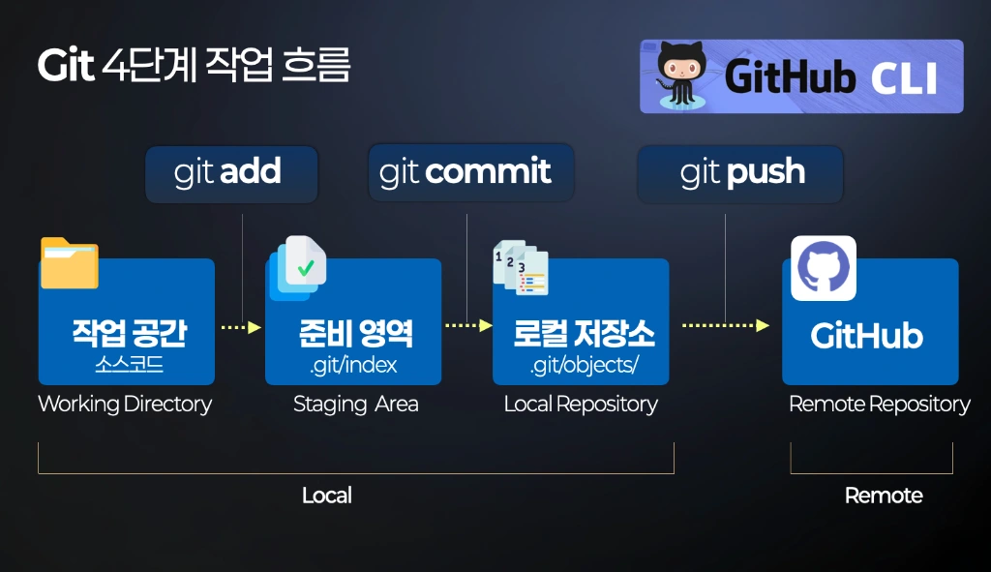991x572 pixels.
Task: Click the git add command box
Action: (231, 174)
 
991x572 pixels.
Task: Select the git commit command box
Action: (471, 172)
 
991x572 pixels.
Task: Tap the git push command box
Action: (740, 174)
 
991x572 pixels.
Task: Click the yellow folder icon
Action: (70, 263)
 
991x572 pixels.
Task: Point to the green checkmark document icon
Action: (298, 268)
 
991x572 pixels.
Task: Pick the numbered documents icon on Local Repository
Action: (521, 267)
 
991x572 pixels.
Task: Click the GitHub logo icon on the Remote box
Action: (824, 268)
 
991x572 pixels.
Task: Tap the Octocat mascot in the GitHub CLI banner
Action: (680, 75)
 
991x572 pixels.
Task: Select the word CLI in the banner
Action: (904, 78)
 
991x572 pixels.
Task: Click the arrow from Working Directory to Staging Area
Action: (241, 327)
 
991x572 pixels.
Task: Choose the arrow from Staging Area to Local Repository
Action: (468, 325)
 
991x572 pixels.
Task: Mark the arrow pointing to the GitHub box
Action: (726, 325)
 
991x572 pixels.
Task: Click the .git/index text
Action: (353, 365)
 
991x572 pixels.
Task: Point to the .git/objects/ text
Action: (585, 365)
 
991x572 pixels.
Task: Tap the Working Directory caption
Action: (125, 404)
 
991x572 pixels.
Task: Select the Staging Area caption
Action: (356, 404)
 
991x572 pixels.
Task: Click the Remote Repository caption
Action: (879, 404)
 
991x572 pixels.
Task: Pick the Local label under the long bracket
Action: (327, 495)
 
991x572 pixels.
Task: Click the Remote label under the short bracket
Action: (884, 495)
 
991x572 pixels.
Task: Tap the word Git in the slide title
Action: (66, 65)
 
